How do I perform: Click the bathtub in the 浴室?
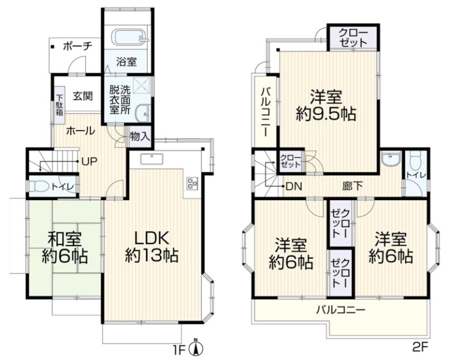coord(131,37)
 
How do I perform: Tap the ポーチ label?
coord(78,47)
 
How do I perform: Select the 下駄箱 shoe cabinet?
coord(59,105)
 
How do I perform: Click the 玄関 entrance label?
coord(82,96)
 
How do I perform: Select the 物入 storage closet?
coord(139,136)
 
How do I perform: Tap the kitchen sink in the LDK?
coord(152,158)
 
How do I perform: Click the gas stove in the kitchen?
coord(191,183)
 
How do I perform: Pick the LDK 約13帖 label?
coord(151,247)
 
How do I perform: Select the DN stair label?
coord(294,186)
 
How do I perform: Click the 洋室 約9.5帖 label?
coord(326,105)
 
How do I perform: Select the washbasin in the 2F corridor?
coord(391,159)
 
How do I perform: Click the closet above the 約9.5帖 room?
coord(353,38)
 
